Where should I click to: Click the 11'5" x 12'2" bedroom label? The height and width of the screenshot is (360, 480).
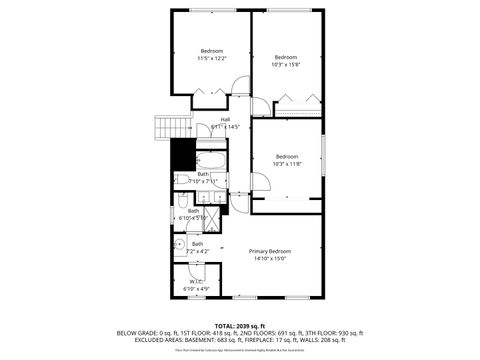(210, 55)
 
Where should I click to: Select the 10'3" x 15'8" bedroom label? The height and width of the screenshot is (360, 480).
(287, 60)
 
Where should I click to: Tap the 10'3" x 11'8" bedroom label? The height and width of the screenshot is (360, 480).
(287, 160)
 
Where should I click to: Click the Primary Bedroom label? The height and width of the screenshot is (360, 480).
(270, 254)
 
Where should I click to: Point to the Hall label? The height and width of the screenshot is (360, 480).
(225, 123)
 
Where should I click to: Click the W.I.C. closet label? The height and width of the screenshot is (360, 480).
(196, 284)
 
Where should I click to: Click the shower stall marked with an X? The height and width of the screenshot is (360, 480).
(212, 221)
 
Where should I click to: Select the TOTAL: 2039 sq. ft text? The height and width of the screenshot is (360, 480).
(239, 326)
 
